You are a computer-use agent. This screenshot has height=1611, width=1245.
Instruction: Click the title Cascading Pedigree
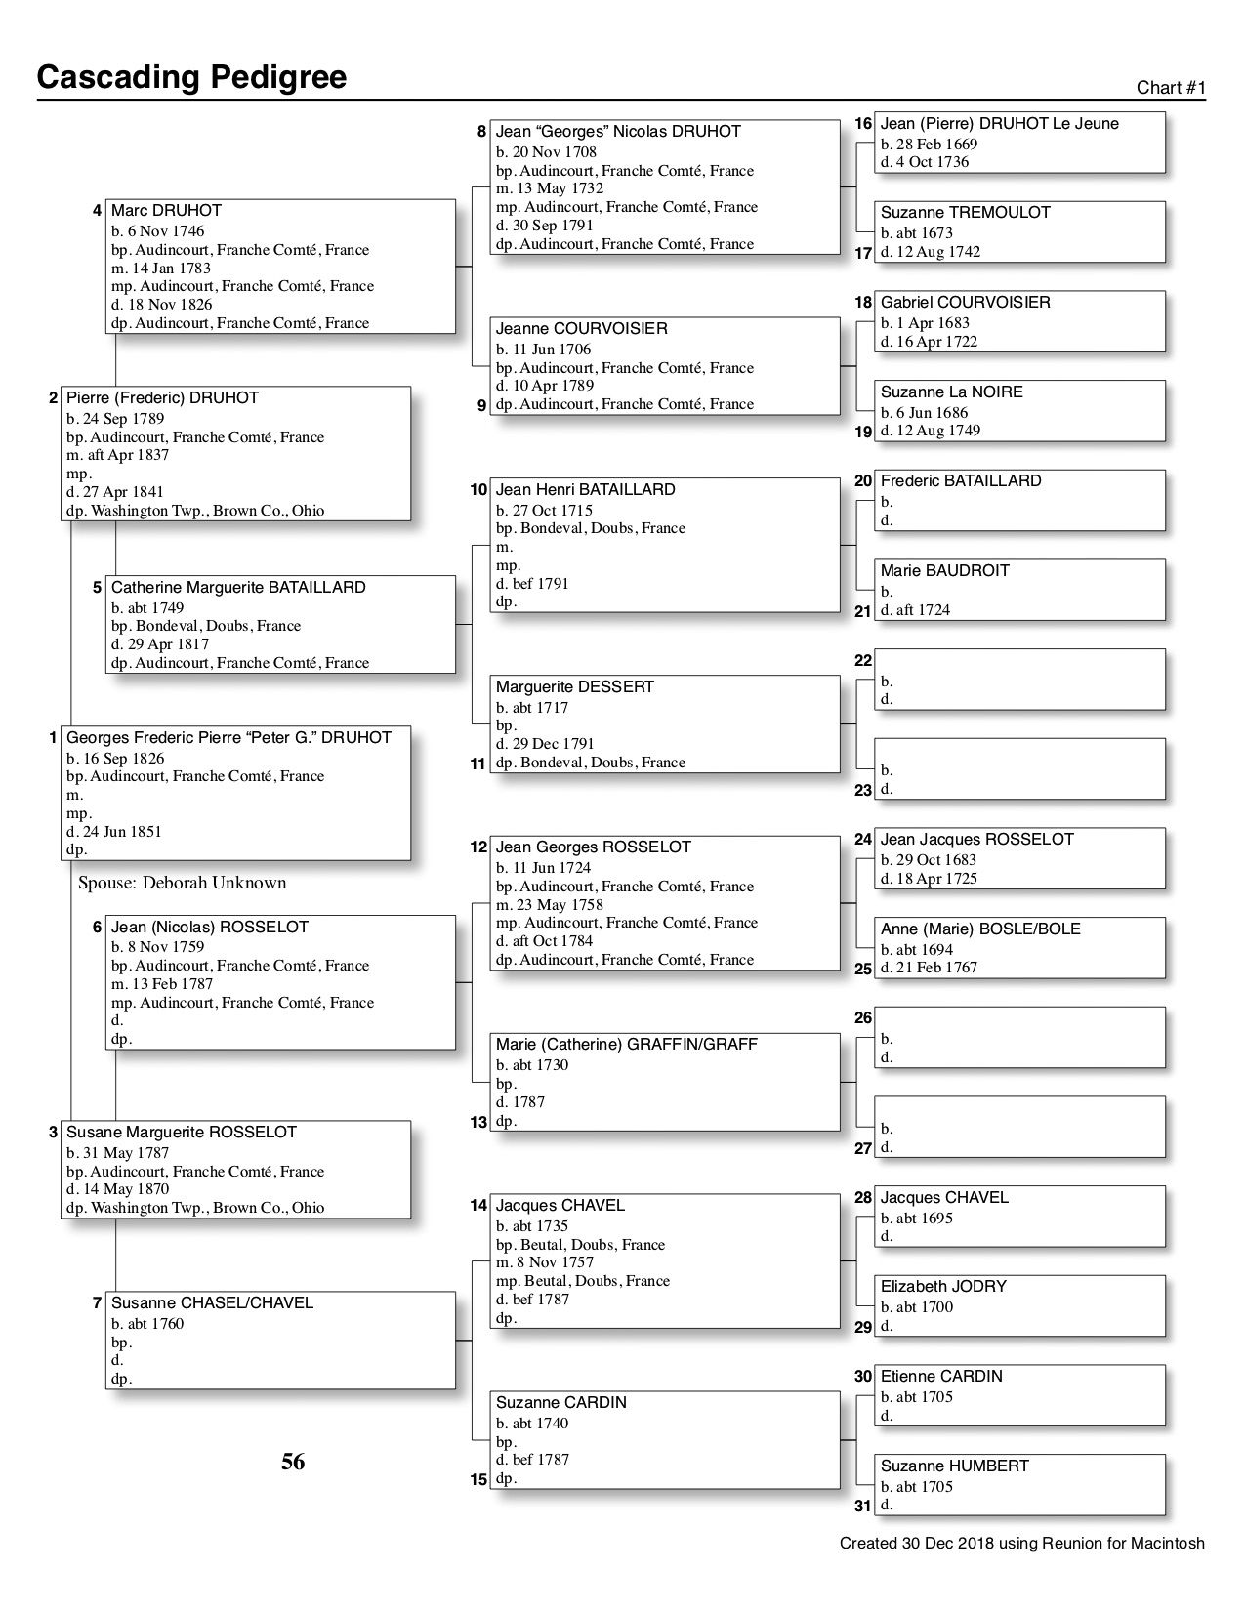pyautogui.click(x=191, y=77)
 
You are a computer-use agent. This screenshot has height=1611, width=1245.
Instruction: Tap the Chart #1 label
pyautogui.click(x=1171, y=88)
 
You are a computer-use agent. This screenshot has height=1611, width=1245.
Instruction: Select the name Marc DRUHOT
pyautogui.click(x=166, y=211)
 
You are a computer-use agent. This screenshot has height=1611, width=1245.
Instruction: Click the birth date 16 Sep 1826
pyautogui.click(x=115, y=758)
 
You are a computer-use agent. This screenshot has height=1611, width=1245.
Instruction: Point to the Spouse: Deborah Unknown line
pyautogui.click(x=183, y=883)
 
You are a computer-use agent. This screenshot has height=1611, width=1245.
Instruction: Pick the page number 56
pyautogui.click(x=293, y=1462)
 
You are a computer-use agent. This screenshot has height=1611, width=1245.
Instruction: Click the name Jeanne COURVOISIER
pyautogui.click(x=581, y=329)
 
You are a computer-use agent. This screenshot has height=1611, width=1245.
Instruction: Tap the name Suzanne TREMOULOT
pyautogui.click(x=965, y=213)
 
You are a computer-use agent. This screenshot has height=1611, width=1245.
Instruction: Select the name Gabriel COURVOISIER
pyautogui.click(x=965, y=303)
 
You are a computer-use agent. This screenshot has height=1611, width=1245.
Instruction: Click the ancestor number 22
pyautogui.click(x=863, y=661)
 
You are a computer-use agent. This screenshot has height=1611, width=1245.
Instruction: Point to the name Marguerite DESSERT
pyautogui.click(x=574, y=687)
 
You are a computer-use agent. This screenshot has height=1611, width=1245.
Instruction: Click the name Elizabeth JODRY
pyautogui.click(x=943, y=1287)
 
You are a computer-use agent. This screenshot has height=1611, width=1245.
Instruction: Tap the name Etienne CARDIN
pyautogui.click(x=941, y=1377)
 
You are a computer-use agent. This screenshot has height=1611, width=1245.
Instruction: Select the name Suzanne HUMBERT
pyautogui.click(x=954, y=1466)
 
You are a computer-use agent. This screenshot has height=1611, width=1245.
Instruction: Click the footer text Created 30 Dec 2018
pyautogui.click(x=1021, y=1544)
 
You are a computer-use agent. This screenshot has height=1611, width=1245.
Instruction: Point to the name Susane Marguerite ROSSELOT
pyautogui.click(x=181, y=1133)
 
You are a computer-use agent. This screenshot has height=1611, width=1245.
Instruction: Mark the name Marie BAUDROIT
pyautogui.click(x=944, y=571)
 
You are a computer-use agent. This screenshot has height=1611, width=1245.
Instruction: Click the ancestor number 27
pyautogui.click(x=863, y=1148)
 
